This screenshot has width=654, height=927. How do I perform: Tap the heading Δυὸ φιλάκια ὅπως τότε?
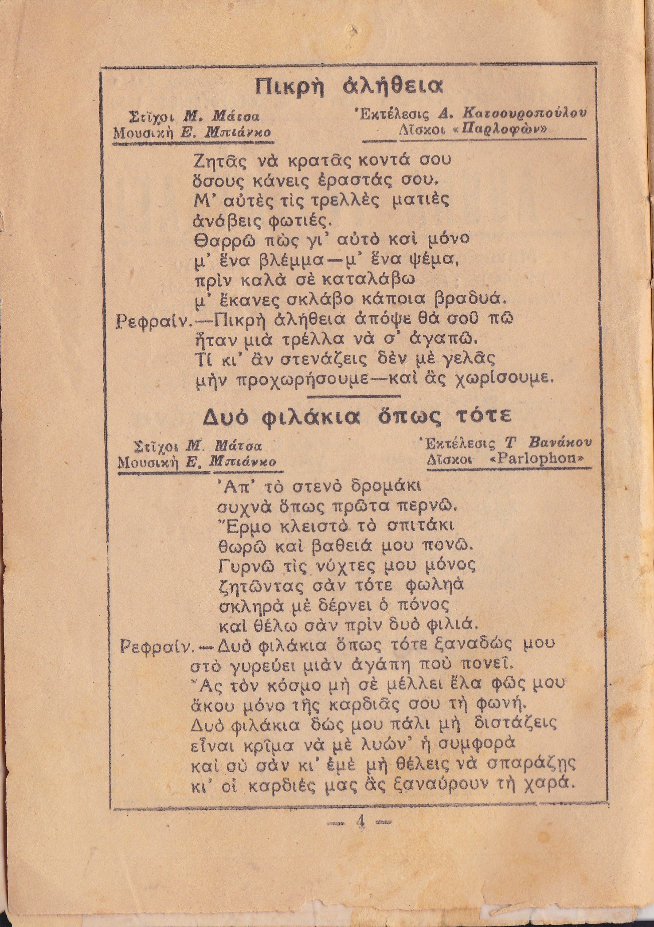pyautogui.click(x=357, y=417)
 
